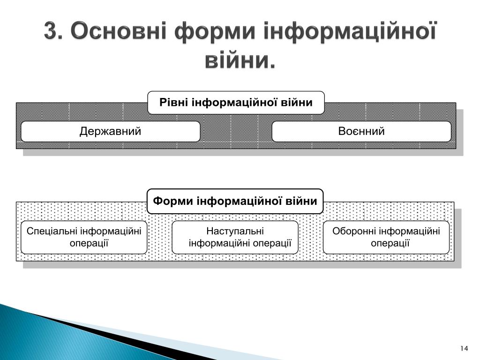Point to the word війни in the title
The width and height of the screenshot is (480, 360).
[240, 60]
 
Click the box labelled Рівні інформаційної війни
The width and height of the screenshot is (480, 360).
[236, 103]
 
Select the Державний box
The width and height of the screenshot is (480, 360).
[110, 131]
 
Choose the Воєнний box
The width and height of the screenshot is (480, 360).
[361, 131]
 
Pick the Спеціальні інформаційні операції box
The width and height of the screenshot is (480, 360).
[84, 237]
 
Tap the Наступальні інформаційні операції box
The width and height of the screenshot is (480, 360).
[235, 237]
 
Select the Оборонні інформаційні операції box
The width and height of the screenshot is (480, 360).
[386, 237]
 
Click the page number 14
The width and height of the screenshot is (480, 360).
[464, 348]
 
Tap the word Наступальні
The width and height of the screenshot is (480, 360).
[235, 231]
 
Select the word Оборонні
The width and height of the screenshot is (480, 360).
[354, 231]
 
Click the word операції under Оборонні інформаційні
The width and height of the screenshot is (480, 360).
[390, 243]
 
